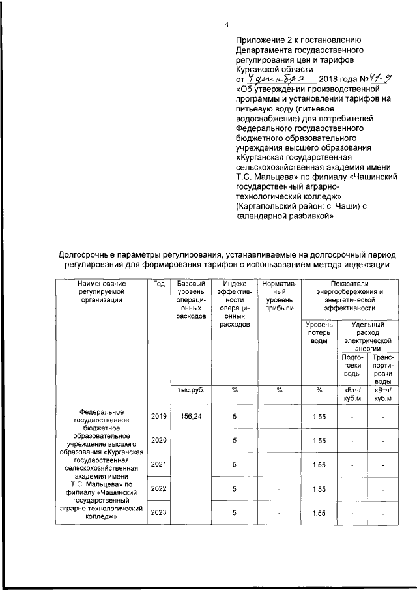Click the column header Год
point(158,284)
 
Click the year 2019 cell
point(159,416)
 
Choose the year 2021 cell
point(159,464)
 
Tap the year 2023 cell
point(159,512)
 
